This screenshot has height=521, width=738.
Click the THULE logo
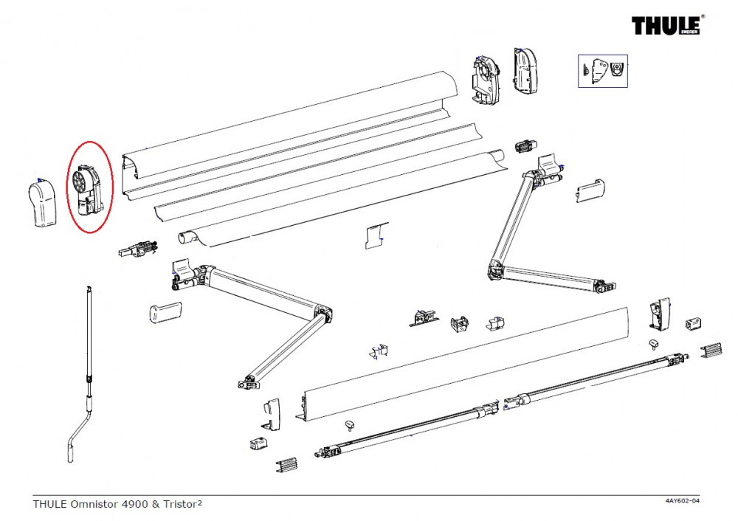(x=666, y=26)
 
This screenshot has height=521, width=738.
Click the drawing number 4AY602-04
(x=682, y=500)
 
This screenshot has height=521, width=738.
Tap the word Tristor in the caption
(x=180, y=504)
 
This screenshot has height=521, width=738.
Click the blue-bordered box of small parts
(x=602, y=71)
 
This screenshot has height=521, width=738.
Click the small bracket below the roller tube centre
(x=376, y=235)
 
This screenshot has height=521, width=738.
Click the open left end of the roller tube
(x=185, y=238)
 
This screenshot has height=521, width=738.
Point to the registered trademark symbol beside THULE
(x=703, y=16)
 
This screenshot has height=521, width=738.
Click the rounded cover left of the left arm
(x=165, y=312)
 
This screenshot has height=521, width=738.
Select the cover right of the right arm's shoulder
(x=590, y=190)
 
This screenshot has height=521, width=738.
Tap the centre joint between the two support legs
(x=501, y=405)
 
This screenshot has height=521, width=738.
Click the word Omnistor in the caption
(x=94, y=504)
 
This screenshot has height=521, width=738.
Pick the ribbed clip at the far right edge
(x=711, y=351)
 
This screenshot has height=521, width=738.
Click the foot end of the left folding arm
(x=249, y=382)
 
